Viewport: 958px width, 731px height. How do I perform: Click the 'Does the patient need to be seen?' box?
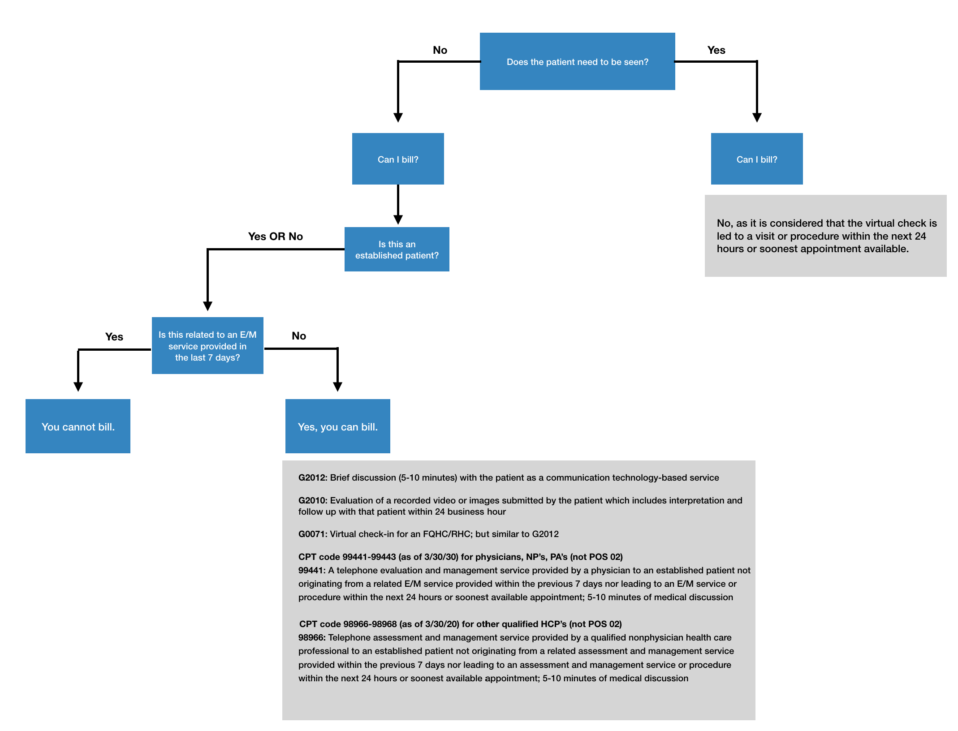pyautogui.click(x=577, y=61)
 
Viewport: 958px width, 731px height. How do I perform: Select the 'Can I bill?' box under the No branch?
pyautogui.click(x=398, y=159)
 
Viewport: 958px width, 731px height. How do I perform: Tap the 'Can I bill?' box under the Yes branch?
pyautogui.click(x=756, y=159)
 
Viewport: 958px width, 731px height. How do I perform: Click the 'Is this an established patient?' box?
pyautogui.click(x=397, y=249)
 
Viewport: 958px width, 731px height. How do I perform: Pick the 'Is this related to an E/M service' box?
pyautogui.click(x=207, y=346)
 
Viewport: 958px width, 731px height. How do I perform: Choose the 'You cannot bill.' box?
pyautogui.click(x=78, y=426)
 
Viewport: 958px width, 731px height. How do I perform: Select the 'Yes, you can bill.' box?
pyautogui.click(x=337, y=426)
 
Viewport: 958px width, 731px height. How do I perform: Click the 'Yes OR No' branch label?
pyautogui.click(x=275, y=236)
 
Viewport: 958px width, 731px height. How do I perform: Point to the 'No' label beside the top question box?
pyautogui.click(x=440, y=50)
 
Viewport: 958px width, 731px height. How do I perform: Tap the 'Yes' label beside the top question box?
pyautogui.click(x=716, y=50)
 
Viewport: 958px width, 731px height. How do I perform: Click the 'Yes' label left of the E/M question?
pyautogui.click(x=114, y=336)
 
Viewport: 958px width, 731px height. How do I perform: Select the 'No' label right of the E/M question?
pyautogui.click(x=298, y=335)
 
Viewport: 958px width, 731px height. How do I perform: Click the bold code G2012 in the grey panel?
pyautogui.click(x=312, y=477)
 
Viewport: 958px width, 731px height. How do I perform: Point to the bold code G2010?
pyautogui.click(x=312, y=500)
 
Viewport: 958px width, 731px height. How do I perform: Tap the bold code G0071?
pyautogui.click(x=312, y=534)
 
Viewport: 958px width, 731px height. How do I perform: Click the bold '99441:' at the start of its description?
pyautogui.click(x=311, y=570)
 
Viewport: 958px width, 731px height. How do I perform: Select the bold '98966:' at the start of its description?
pyautogui.click(x=311, y=637)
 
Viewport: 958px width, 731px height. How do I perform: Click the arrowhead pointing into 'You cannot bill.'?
pyautogui.click(x=78, y=387)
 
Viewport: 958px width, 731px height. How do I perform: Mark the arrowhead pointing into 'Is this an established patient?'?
pyautogui.click(x=398, y=219)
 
